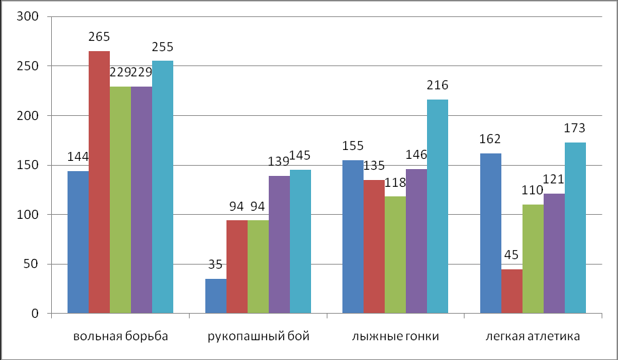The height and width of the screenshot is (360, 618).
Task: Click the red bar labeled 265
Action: tap(99, 182)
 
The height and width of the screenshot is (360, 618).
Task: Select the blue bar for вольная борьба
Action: tap(78, 242)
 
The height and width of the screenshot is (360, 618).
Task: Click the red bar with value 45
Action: tap(512, 291)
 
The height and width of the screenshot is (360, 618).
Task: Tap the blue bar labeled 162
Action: tap(490, 233)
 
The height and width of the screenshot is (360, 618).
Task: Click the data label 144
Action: tap(78, 157)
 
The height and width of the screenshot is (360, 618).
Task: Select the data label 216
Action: tap(437, 85)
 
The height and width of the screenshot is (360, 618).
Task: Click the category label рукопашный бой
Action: tap(258, 336)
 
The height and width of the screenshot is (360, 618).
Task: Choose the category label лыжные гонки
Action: tap(395, 336)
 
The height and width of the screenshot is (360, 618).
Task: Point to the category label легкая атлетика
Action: tap(533, 336)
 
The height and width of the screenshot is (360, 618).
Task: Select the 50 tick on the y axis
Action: tap(30, 264)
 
